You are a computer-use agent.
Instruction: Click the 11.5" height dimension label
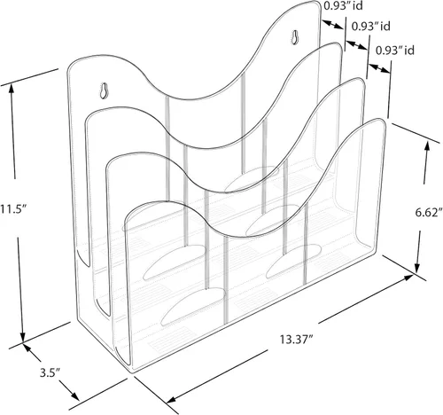point(13,209)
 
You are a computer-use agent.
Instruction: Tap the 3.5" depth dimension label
point(51,372)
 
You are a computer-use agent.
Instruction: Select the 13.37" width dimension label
point(297,340)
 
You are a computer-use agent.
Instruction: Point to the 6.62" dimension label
point(429,212)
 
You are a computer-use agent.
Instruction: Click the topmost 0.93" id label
point(343,5)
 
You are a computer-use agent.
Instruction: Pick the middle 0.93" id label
point(370,27)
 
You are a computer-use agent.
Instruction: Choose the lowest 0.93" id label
point(395,51)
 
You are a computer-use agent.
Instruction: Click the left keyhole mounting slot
point(104,90)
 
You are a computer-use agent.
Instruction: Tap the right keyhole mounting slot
point(295,37)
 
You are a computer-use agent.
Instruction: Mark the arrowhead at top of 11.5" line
point(12,88)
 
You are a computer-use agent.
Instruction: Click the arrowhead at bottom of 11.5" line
point(23,337)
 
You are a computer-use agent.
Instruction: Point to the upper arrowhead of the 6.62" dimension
point(427,146)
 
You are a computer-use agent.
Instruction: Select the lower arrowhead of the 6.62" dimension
point(417,268)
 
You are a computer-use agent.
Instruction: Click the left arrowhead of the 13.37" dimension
point(171,399)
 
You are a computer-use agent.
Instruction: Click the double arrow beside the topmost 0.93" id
point(333,25)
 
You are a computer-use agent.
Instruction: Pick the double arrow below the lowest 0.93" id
point(379,68)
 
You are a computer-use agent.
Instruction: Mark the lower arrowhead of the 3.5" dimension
point(74,396)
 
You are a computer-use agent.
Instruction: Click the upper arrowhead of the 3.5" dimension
point(27,348)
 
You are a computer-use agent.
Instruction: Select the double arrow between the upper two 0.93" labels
point(356,45)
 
